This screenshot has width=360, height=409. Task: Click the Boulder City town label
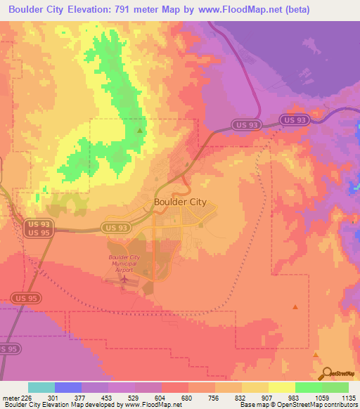tap(180, 202)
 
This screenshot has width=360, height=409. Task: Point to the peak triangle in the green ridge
tap(140, 130)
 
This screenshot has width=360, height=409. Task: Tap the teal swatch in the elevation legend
tap(41, 387)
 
